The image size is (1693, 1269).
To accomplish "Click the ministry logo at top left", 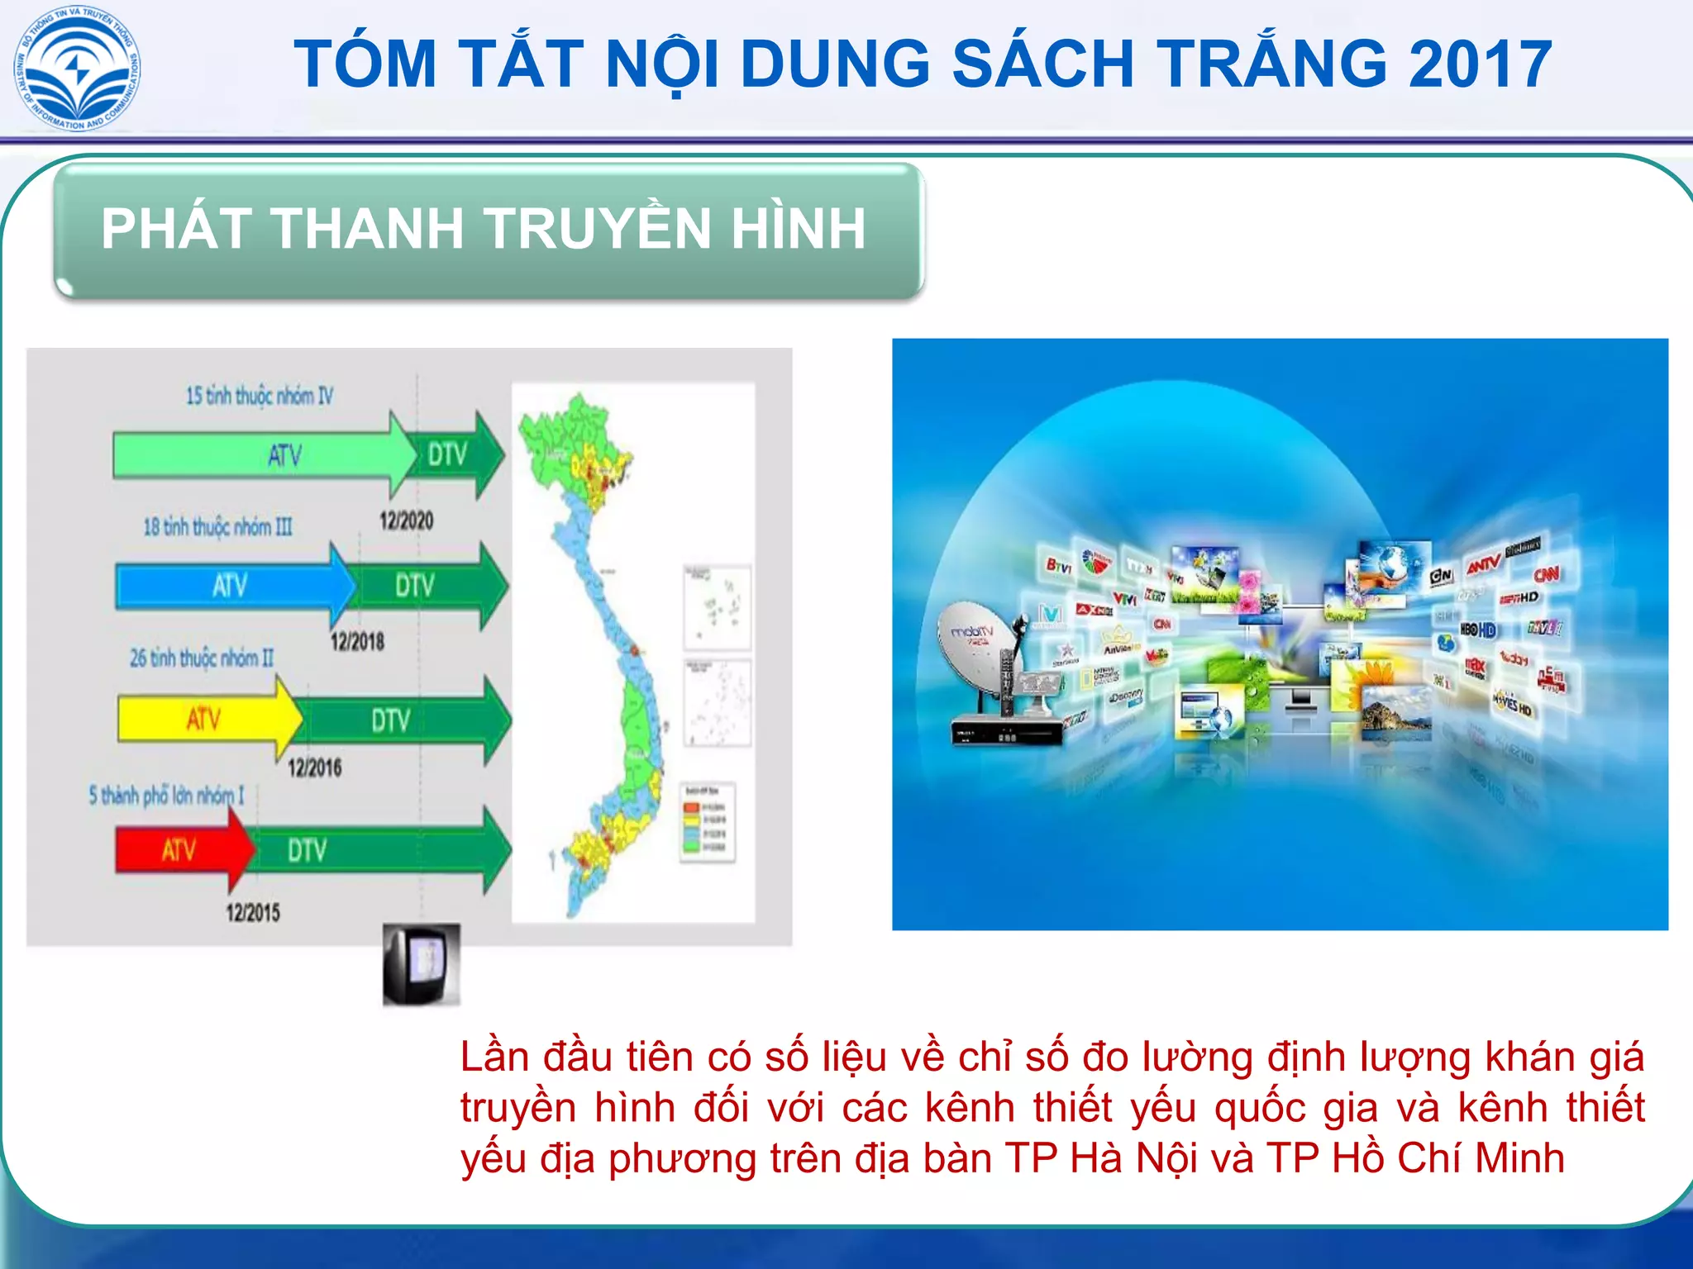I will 78,69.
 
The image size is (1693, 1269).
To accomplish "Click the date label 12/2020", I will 406,520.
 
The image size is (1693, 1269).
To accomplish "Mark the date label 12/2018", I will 357,641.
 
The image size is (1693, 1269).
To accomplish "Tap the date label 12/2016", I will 314,768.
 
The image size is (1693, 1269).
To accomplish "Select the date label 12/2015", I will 253,912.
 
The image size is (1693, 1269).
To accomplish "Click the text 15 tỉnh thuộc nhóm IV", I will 259,396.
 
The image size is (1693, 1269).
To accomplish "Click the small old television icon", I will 421,964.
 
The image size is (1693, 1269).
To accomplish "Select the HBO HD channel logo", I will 1478,630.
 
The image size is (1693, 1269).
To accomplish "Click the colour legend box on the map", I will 707,822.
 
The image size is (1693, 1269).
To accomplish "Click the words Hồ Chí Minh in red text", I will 1448,1158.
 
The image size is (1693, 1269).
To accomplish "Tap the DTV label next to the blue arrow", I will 414,586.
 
